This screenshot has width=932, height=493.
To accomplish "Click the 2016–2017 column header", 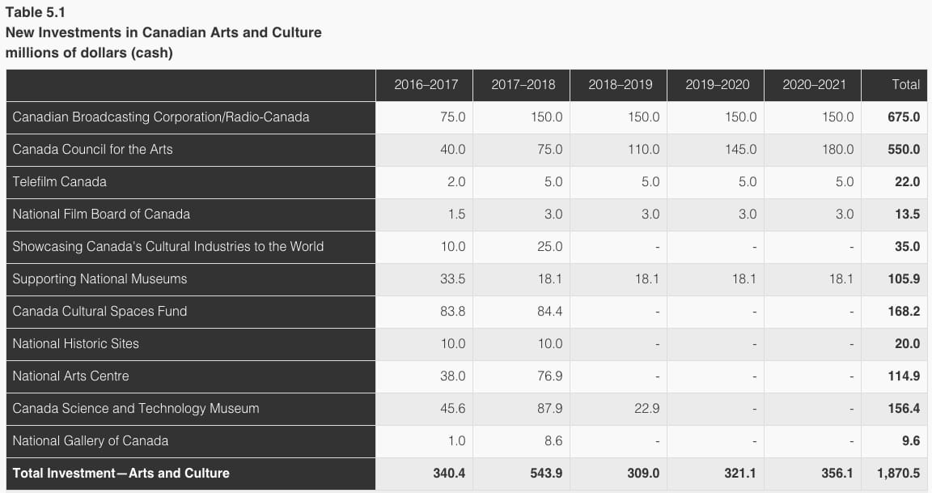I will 426,84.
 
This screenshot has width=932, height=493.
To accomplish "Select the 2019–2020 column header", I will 717,84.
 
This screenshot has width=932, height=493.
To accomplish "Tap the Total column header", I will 905,84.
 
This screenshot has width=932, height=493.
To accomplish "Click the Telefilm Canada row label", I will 59,181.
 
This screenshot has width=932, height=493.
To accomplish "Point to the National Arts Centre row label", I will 70,376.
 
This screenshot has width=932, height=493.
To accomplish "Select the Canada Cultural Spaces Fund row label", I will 100,311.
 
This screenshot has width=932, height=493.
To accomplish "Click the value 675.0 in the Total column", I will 904,117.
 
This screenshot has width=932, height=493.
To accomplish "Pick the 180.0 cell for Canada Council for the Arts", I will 837,149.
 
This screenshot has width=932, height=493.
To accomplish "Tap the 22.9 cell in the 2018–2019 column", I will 645,408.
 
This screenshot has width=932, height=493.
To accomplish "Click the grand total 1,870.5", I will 897,473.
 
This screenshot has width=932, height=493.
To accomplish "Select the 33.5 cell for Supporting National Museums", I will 451,278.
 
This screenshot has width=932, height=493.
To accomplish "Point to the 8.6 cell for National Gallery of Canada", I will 553,440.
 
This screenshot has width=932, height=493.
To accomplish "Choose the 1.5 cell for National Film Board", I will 455,214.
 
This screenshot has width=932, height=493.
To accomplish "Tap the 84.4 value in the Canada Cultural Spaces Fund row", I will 549,311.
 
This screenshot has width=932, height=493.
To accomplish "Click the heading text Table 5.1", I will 32,12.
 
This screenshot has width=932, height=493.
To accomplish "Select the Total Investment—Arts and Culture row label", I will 121,473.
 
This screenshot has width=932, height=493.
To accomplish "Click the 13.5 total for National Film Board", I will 907,214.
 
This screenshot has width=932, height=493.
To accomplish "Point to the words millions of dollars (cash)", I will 89,53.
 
